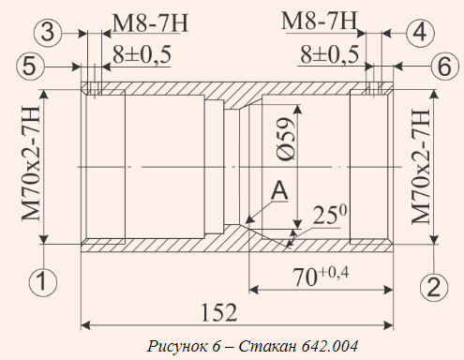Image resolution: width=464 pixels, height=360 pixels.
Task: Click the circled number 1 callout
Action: point(43,282)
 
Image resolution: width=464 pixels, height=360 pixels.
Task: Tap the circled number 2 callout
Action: point(434,287)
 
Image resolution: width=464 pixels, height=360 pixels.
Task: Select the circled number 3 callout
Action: point(48,32)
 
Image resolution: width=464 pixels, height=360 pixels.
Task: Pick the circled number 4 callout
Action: point(421,33)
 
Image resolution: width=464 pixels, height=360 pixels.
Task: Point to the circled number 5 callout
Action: point(30,67)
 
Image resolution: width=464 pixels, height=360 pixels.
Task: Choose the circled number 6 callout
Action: point(445,67)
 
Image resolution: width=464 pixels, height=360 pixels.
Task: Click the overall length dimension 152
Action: point(218,312)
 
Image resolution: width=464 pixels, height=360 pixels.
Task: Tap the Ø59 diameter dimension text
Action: point(287,140)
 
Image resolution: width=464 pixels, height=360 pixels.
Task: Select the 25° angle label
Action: point(329,215)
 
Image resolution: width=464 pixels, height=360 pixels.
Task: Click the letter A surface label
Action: point(279,191)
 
